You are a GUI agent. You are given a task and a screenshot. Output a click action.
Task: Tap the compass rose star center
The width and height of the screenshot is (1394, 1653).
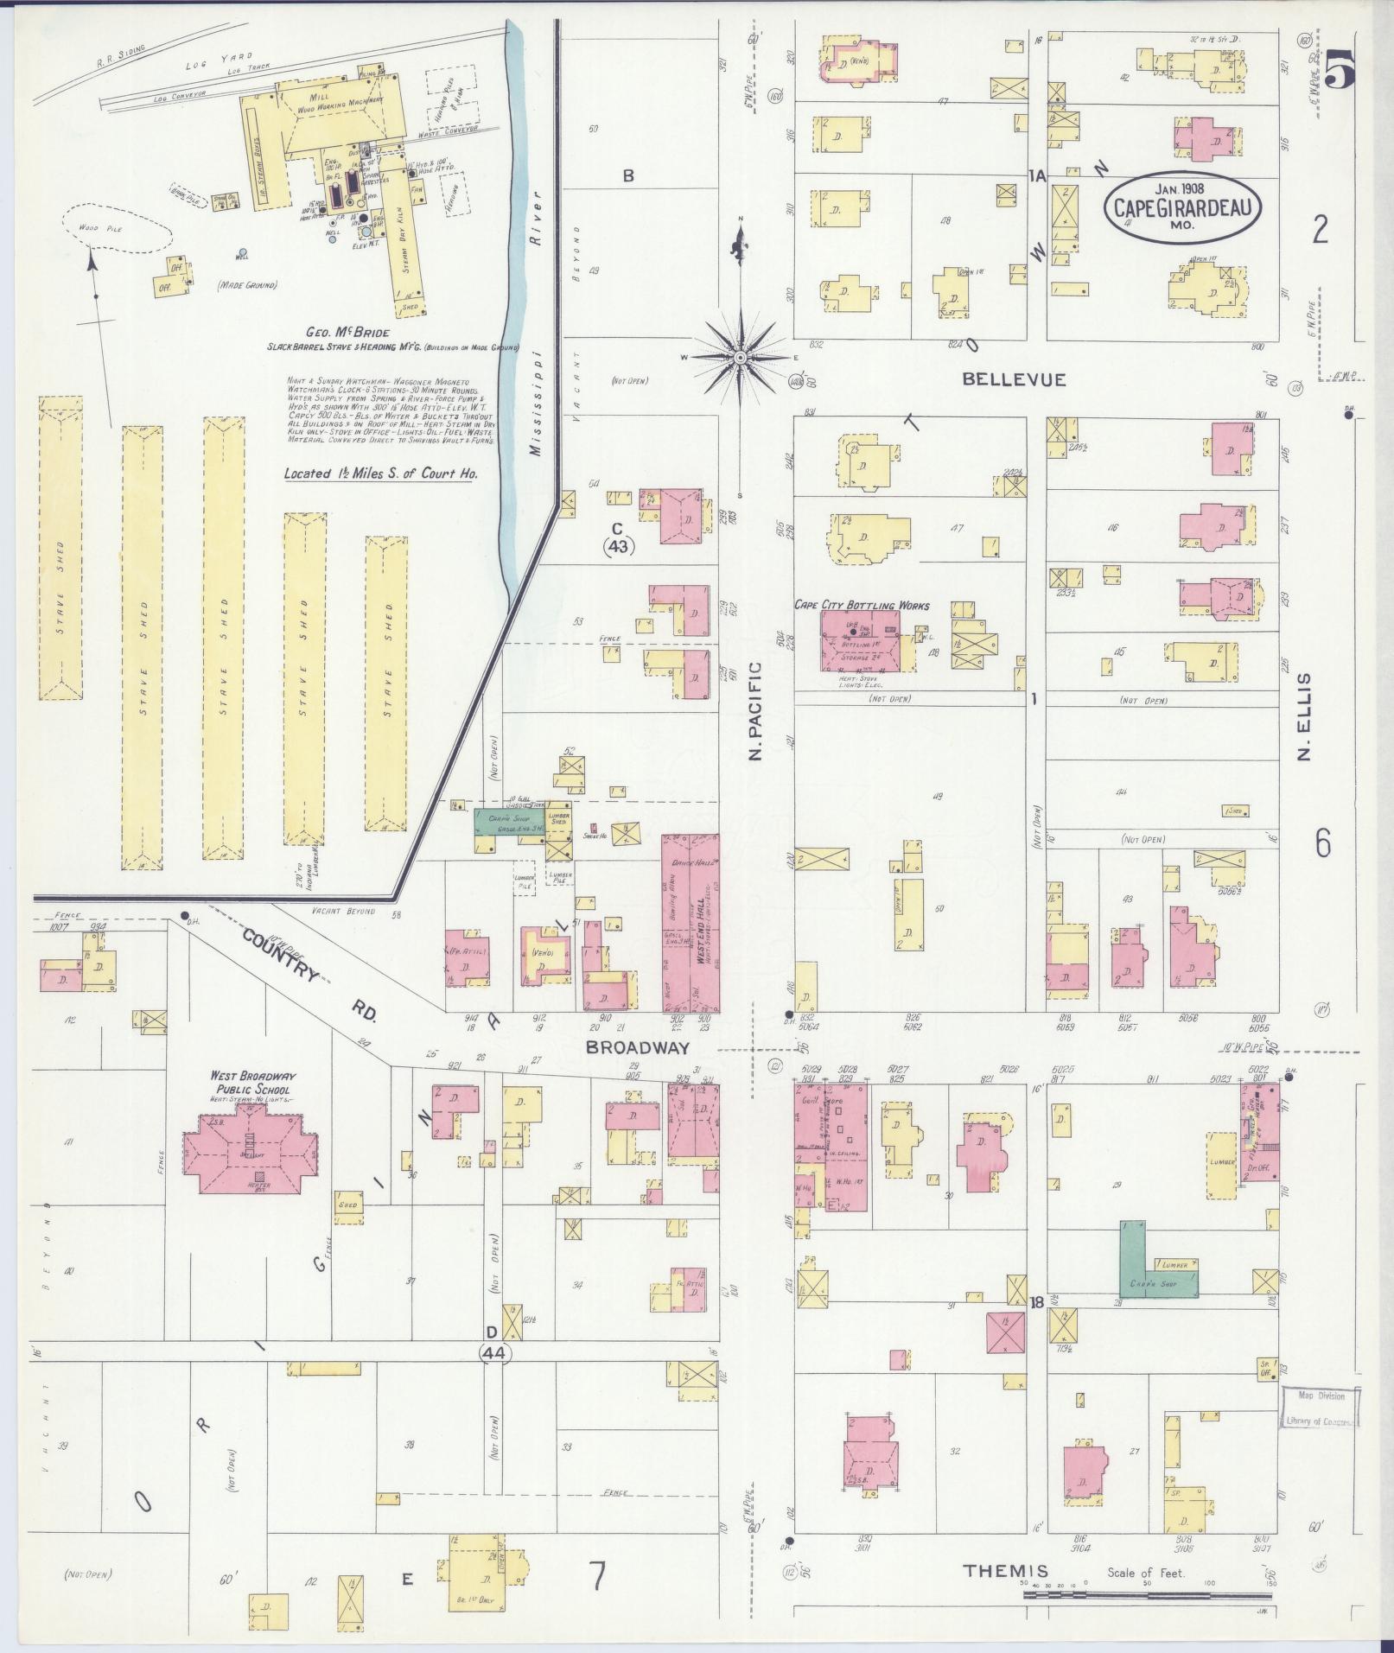[x=741, y=356]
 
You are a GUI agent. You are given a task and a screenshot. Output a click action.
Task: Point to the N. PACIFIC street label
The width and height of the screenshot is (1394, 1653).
[x=754, y=711]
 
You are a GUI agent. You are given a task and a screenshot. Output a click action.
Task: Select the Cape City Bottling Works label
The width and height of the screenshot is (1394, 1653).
[x=862, y=605]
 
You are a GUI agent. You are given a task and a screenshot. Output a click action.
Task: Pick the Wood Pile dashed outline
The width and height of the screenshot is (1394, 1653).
[x=113, y=228]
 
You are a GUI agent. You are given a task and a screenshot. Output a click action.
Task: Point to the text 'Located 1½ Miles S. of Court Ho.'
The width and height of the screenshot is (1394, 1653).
[x=380, y=473]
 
